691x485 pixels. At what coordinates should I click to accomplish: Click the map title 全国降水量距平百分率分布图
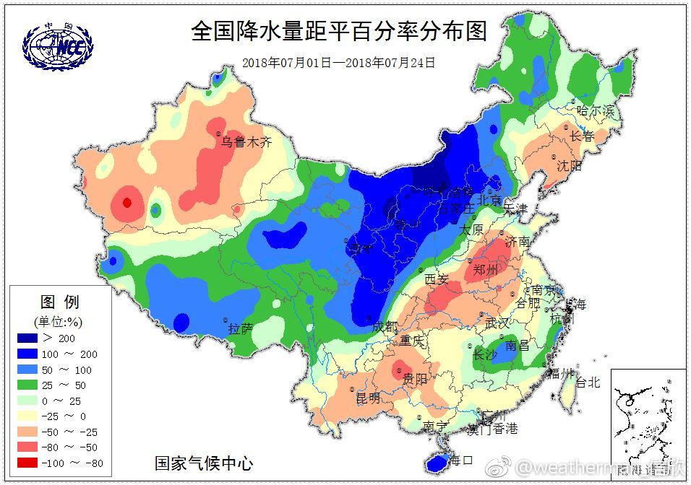(338, 31)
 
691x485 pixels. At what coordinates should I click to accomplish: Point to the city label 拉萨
(241, 329)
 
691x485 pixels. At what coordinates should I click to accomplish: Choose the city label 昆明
(367, 397)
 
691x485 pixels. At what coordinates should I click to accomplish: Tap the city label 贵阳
(416, 380)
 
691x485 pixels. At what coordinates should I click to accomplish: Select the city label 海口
(460, 459)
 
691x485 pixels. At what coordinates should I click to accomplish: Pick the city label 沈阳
(569, 165)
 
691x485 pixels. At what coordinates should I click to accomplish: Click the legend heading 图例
(59, 302)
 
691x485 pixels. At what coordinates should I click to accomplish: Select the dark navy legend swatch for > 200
(28, 338)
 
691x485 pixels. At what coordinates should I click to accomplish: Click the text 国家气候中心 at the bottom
(205, 463)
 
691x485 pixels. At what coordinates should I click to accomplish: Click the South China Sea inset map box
(648, 415)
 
